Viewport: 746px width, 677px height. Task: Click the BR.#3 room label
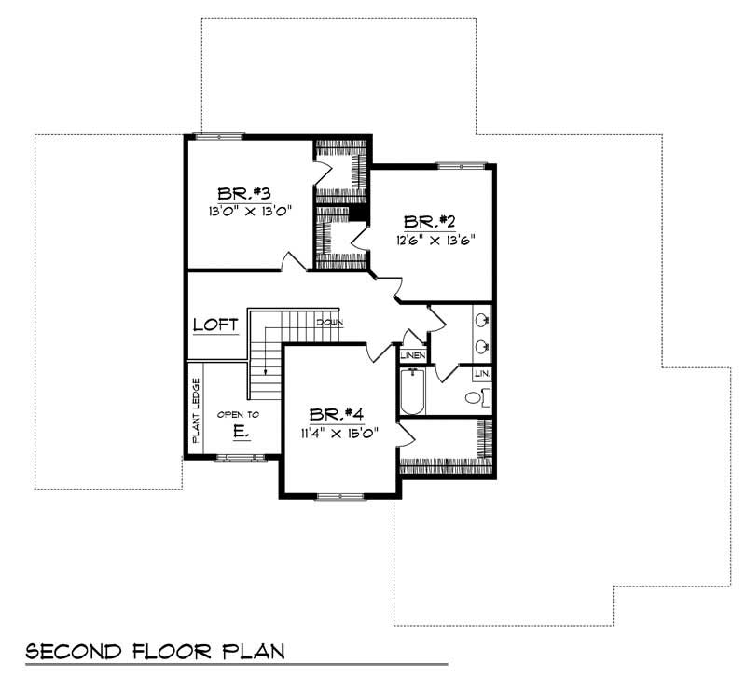[x=244, y=194]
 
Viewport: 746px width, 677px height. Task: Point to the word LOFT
[x=215, y=325]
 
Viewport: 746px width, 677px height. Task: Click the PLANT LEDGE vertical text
[x=196, y=409]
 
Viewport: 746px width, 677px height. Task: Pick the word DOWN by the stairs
[x=330, y=322]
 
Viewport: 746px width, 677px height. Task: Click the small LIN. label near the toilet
[x=481, y=374]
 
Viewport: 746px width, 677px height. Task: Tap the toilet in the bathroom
[x=476, y=398]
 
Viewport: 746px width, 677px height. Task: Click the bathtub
[x=411, y=393]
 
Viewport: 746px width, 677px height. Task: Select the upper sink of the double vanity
[x=481, y=321]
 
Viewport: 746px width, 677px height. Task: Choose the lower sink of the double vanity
[x=481, y=347]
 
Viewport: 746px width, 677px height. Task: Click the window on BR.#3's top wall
[x=218, y=136]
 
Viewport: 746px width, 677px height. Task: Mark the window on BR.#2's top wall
[x=462, y=166]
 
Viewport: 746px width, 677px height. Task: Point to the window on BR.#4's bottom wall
[x=338, y=496]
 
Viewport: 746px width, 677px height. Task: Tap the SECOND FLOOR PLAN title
[x=154, y=649]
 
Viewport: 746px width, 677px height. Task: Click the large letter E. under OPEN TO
[x=240, y=432]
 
